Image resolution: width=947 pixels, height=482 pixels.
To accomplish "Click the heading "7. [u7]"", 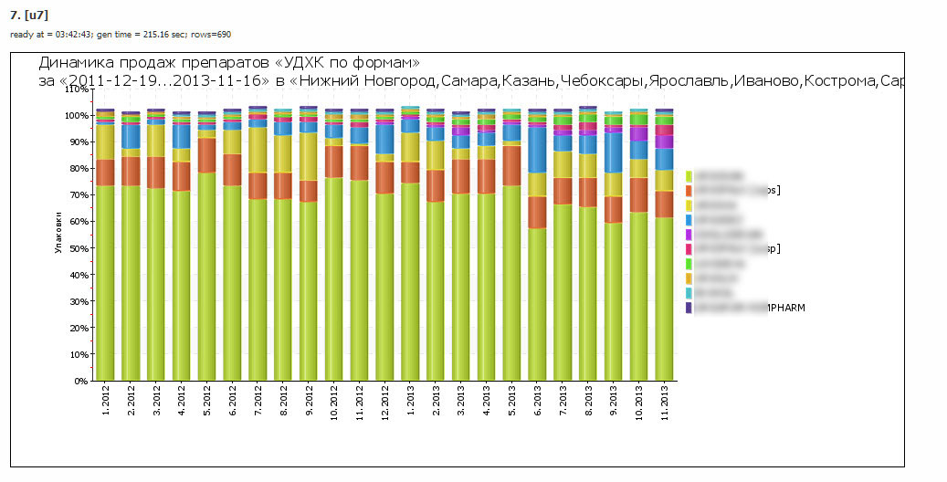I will [28, 16].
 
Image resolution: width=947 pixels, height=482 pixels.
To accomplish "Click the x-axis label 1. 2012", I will [106, 402].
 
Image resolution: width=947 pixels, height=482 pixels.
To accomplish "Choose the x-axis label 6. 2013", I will [538, 402].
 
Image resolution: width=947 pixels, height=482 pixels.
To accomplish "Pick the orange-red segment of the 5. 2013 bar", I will [512, 165].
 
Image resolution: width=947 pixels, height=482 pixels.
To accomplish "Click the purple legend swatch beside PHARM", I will [689, 309].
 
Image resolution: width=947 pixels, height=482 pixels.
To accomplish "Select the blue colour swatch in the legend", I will [689, 220].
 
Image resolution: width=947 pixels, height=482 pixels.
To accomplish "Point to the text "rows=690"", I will [212, 35].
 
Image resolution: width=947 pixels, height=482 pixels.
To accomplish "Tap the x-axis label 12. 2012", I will [385, 402].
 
